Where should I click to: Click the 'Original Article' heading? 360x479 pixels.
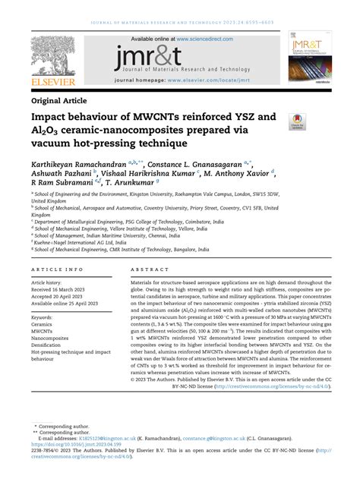click(x=59, y=99)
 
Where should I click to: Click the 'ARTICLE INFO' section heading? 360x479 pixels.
click(x=55, y=270)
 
